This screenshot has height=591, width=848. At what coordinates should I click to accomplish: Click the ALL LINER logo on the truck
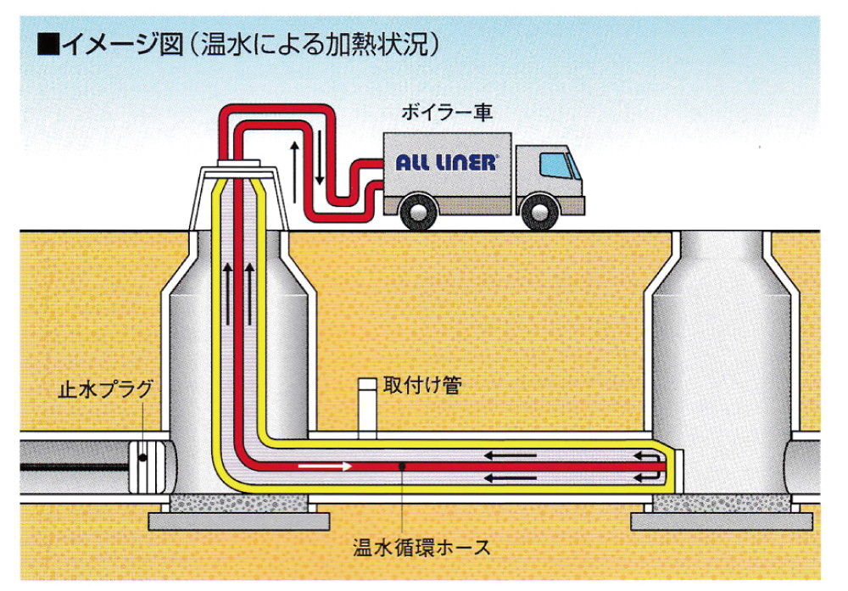[445, 161]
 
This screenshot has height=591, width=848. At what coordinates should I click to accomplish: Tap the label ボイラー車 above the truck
[448, 113]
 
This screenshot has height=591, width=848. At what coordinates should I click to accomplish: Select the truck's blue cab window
[555, 164]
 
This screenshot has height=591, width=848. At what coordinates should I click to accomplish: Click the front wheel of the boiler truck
[539, 210]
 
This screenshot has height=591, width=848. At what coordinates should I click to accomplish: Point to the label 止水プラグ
[104, 391]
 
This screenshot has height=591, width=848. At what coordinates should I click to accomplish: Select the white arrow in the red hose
[324, 466]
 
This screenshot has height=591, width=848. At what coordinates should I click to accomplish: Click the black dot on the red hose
[400, 466]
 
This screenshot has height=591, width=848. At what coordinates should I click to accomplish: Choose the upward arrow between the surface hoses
[294, 161]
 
